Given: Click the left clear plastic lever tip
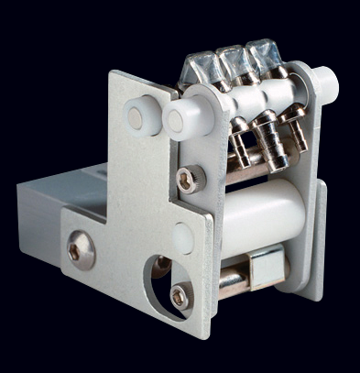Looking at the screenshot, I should click(202, 66).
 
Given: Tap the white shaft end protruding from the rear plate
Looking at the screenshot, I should click(326, 84).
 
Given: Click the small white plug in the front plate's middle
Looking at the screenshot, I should click(183, 239).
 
